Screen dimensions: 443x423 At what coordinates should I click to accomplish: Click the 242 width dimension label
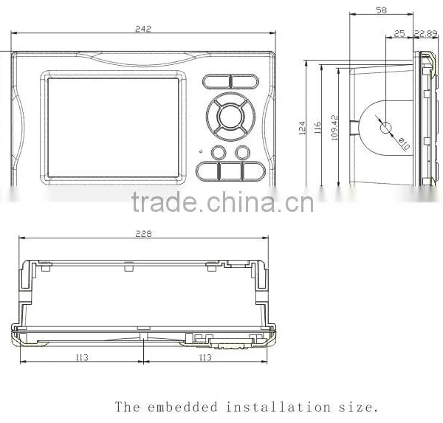click(143, 29)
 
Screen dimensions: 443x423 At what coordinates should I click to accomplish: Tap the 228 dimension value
click(143, 234)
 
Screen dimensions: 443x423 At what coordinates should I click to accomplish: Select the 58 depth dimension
click(381, 10)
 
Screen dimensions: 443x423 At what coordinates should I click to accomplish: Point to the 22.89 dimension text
click(426, 34)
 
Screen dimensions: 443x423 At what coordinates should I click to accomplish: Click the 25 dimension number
click(399, 34)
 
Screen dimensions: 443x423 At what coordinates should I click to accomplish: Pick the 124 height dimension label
click(302, 128)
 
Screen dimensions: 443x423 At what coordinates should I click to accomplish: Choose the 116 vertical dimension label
click(317, 128)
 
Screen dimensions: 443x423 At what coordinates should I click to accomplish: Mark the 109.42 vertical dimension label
click(334, 128)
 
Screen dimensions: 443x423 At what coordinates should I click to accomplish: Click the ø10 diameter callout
click(404, 143)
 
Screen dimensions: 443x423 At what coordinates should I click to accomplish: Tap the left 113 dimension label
click(82, 357)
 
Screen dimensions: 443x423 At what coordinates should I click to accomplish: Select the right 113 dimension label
click(205, 357)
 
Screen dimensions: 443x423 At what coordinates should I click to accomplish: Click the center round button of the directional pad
click(230, 116)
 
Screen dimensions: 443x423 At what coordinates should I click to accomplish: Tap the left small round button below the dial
click(219, 153)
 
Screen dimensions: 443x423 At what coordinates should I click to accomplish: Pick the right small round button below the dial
click(242, 153)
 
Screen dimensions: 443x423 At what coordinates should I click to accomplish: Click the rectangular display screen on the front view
click(113, 128)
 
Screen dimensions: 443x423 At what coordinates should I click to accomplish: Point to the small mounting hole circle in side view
click(385, 128)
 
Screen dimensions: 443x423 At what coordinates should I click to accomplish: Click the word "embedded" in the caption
click(182, 407)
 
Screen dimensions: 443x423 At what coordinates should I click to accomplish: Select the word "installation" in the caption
click(278, 407)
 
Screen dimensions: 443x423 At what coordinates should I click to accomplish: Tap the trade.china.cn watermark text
click(223, 202)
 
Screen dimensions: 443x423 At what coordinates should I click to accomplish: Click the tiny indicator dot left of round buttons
click(201, 152)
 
